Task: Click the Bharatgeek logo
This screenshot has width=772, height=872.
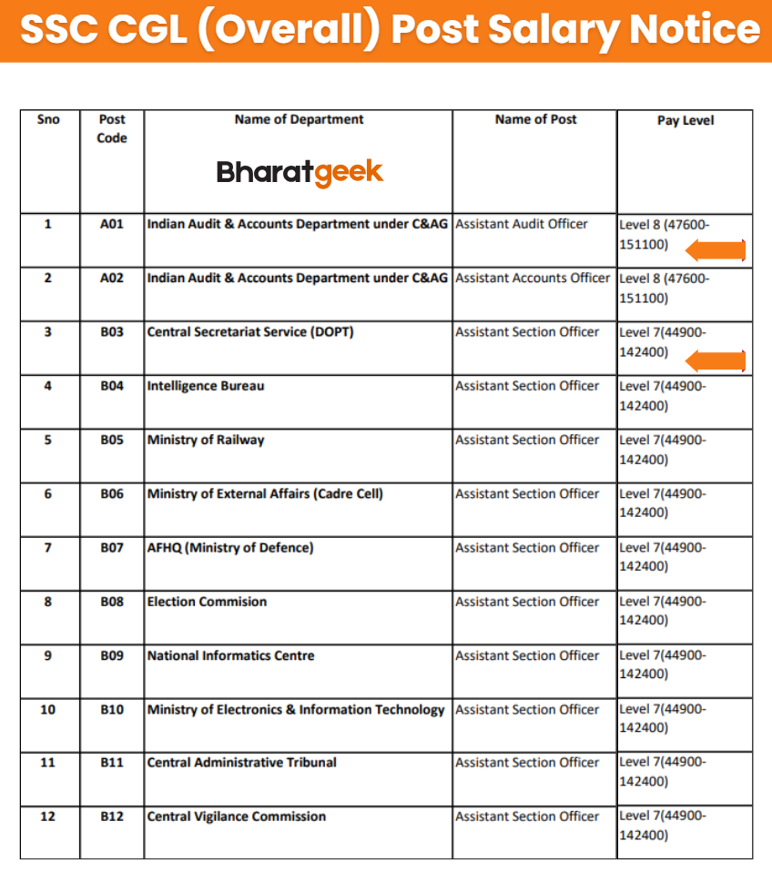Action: pyautogui.click(x=300, y=171)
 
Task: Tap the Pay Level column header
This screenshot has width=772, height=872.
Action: pyautogui.click(x=685, y=120)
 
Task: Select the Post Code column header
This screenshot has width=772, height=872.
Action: pyautogui.click(x=111, y=128)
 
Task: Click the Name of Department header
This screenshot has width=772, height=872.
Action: pyautogui.click(x=299, y=119)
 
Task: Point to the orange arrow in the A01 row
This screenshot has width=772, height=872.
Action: pyautogui.click(x=716, y=250)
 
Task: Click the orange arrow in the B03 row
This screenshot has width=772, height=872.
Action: pyautogui.click(x=716, y=361)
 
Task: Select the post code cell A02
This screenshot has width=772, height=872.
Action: pyautogui.click(x=111, y=278)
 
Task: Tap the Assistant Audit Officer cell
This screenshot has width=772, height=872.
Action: pyautogui.click(x=522, y=224)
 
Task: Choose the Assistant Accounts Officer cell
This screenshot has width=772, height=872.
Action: pyautogui.click(x=533, y=278)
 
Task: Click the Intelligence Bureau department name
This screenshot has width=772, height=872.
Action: pyautogui.click(x=206, y=386)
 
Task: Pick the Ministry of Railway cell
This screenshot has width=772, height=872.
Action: pyautogui.click(x=206, y=440)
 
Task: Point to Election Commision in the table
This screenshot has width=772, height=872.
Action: pyautogui.click(x=208, y=602)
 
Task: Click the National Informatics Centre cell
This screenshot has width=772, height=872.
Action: pyautogui.click(x=231, y=655)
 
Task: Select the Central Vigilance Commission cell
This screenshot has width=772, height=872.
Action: pyautogui.click(x=237, y=816)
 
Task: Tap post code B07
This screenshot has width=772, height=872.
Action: pyautogui.click(x=111, y=548)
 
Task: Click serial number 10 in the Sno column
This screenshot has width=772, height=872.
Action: pyautogui.click(x=48, y=709)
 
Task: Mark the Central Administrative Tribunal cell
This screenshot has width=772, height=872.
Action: pyautogui.click(x=242, y=763)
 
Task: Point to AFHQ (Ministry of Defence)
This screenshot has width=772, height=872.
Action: pyautogui.click(x=230, y=548)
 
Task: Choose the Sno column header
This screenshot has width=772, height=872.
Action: pyautogui.click(x=48, y=119)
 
